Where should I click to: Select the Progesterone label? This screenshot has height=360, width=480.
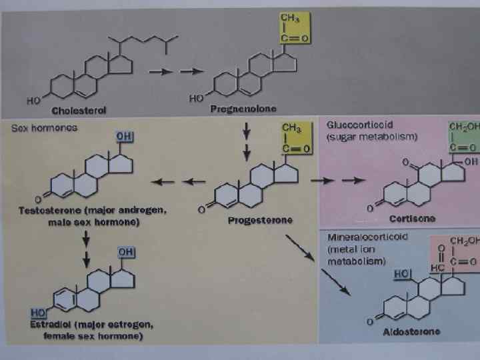259,220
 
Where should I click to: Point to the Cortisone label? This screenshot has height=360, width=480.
413,218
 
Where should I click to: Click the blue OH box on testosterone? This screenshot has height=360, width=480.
124,136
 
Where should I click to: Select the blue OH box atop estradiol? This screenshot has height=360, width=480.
125,252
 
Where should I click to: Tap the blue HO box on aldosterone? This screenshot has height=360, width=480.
402,273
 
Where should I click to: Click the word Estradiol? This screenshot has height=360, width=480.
49,325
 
